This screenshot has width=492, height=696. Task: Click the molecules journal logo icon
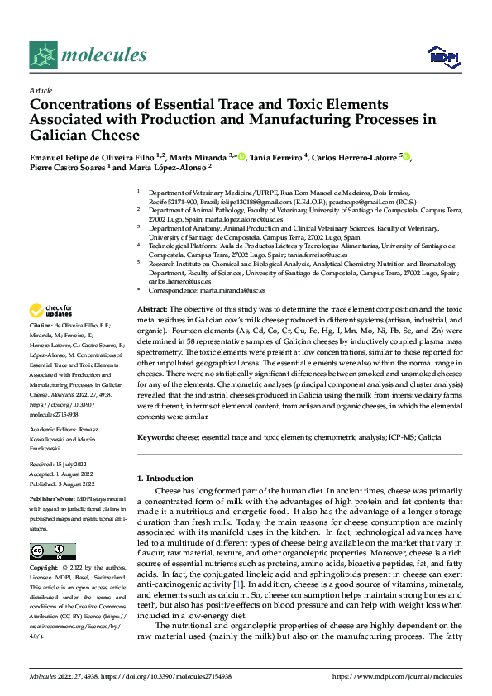coord(44,55)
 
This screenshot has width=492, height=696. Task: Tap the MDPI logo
coord(443,55)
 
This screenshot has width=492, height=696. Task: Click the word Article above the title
coord(41,90)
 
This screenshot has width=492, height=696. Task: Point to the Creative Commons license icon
coord(53,551)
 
